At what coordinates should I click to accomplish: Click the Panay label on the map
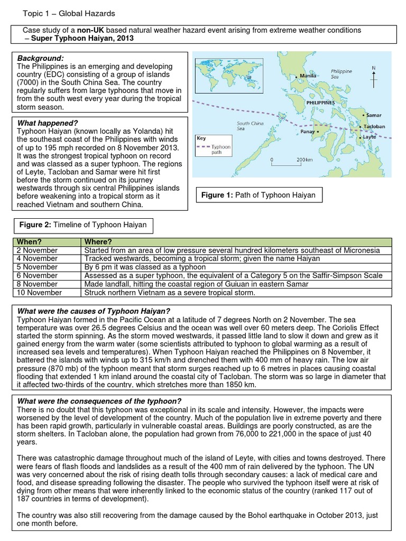307,132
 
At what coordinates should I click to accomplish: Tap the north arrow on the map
374,77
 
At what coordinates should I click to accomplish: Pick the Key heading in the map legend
201,138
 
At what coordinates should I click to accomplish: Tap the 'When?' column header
29,242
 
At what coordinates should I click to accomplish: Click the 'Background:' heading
40,58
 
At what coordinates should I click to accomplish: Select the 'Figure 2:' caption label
37,225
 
